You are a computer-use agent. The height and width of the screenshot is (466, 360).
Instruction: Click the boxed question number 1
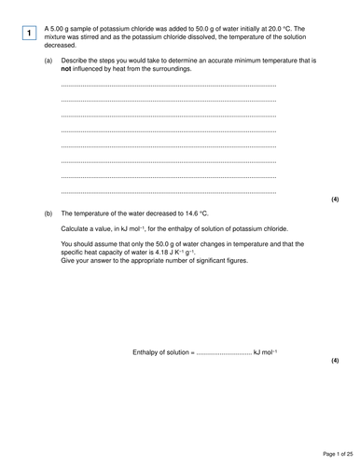(x=30, y=34)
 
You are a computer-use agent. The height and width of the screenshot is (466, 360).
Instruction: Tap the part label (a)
(x=48, y=61)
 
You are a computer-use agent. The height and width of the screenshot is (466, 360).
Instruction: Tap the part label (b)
(x=48, y=213)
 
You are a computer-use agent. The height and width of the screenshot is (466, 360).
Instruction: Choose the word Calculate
(x=78, y=229)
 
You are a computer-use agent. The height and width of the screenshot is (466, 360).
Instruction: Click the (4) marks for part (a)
(x=335, y=199)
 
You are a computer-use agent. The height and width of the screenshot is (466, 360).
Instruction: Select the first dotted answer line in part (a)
(x=168, y=86)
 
